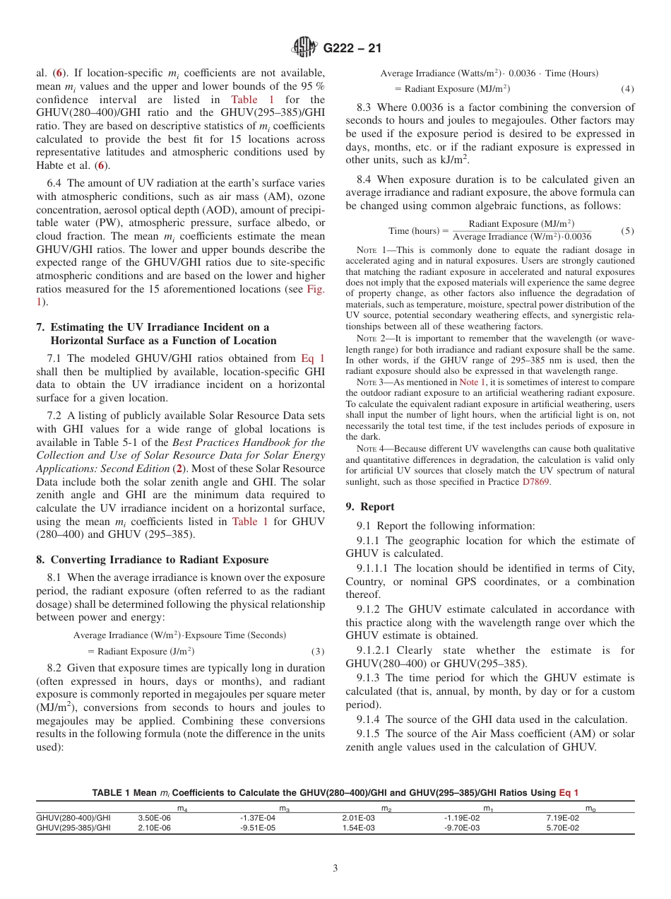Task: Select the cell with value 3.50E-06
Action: pyautogui.click(x=154, y=817)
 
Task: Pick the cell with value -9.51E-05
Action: pyautogui.click(x=257, y=828)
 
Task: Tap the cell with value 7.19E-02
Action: pyautogui.click(x=562, y=817)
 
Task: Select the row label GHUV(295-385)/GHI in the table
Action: pyautogui.click(x=73, y=828)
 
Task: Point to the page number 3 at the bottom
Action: pyautogui.click(x=335, y=869)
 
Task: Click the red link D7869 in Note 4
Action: pyautogui.click(x=535, y=482)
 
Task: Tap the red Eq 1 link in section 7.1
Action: pyautogui.click(x=313, y=359)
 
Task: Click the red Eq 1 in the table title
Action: pyautogui.click(x=569, y=792)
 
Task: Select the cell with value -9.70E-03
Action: pyautogui.click(x=462, y=828)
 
